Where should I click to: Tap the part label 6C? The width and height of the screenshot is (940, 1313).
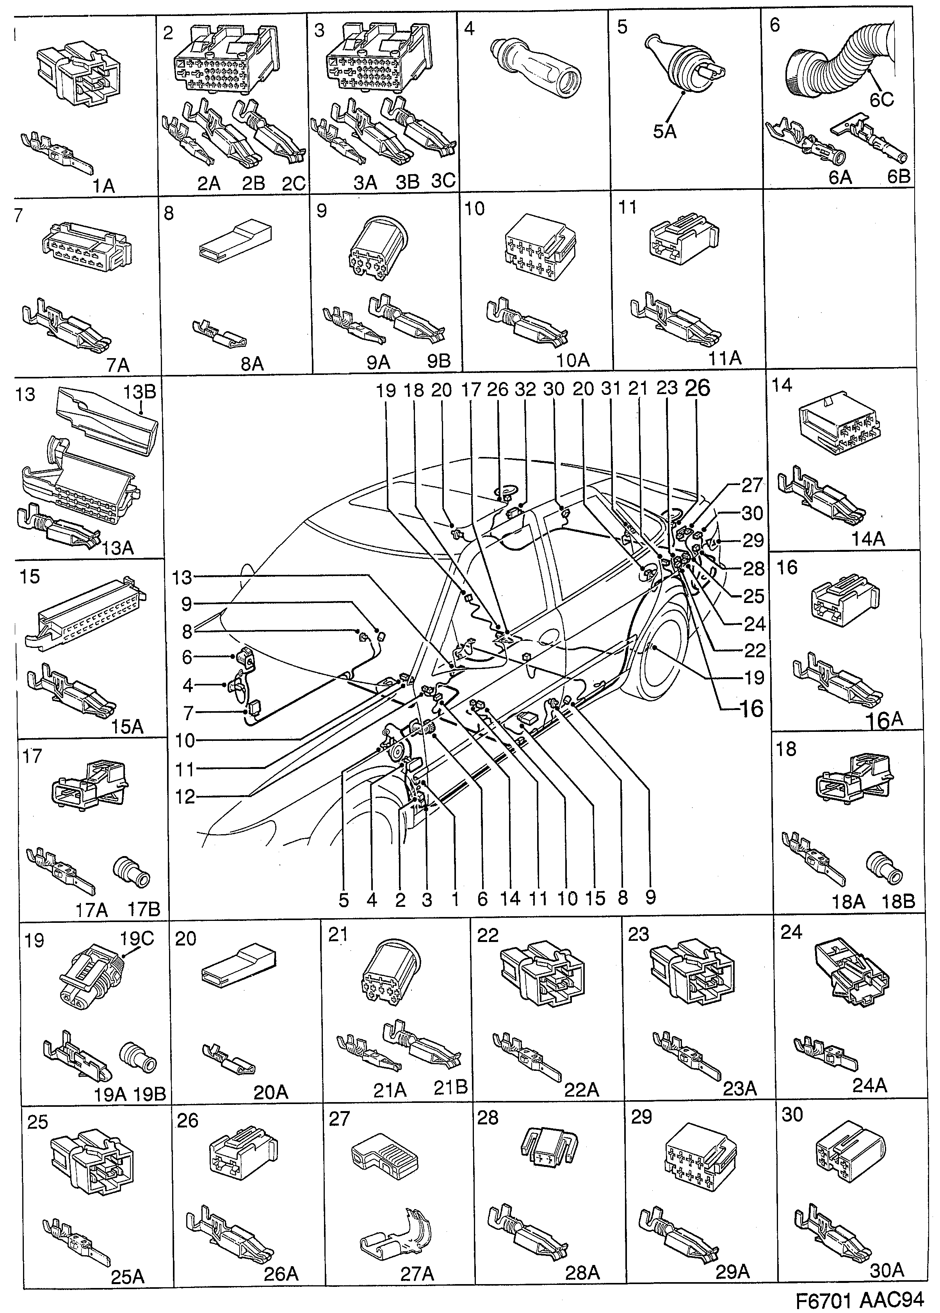[881, 100]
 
